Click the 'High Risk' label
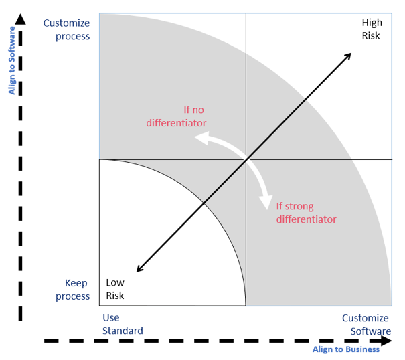371,29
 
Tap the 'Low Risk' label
115,289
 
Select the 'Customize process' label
66,29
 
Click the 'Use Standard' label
123,324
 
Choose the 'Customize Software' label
366,324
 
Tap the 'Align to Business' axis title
345,349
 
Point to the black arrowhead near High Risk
349,56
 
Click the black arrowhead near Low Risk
139,268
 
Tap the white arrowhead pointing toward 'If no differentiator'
199,139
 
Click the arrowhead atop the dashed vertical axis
21,18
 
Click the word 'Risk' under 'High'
371,35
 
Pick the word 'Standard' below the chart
123,331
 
